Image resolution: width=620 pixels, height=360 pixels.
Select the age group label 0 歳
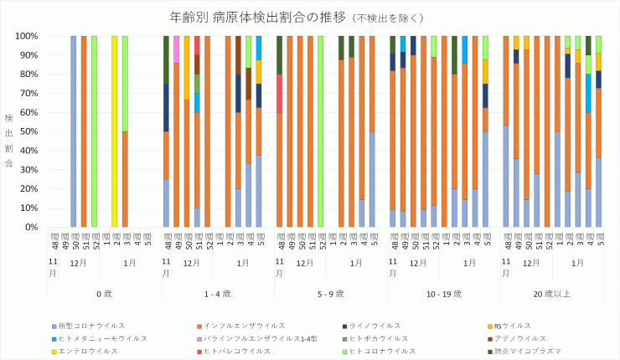(104, 294)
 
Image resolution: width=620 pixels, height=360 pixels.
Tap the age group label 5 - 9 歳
(330, 294)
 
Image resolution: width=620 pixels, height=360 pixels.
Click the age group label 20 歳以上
(556, 294)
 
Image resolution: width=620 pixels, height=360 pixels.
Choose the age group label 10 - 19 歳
(443, 294)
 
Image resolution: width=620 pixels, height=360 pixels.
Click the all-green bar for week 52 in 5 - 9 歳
(320, 131)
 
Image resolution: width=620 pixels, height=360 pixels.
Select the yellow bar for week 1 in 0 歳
(114, 131)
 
